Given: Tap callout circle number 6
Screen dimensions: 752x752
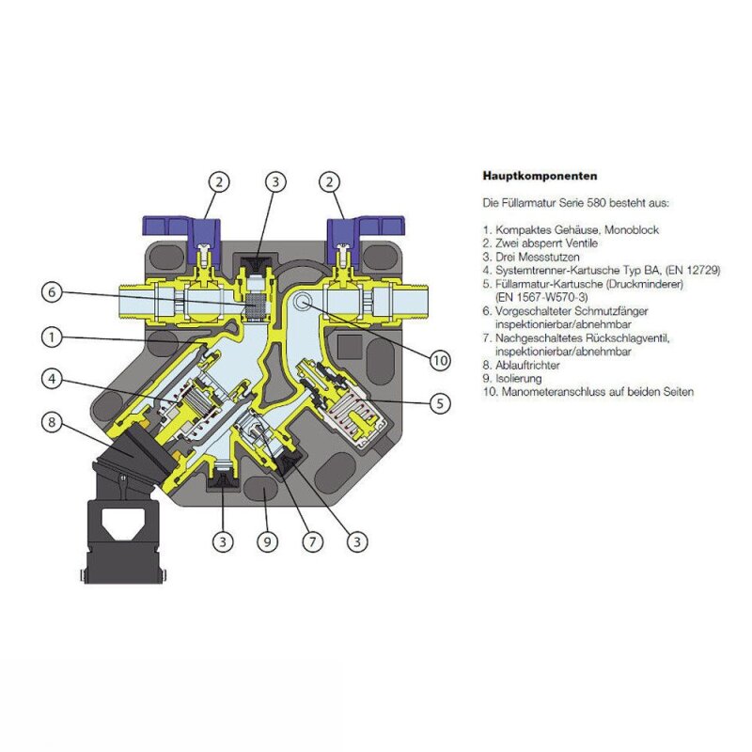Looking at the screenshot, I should (55, 292).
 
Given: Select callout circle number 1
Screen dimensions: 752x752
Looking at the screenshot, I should (55, 335).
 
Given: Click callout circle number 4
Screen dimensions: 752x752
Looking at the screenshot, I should (55, 379).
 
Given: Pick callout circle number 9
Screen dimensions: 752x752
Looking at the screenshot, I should (268, 542).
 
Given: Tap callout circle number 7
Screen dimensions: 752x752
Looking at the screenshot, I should (313, 542).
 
